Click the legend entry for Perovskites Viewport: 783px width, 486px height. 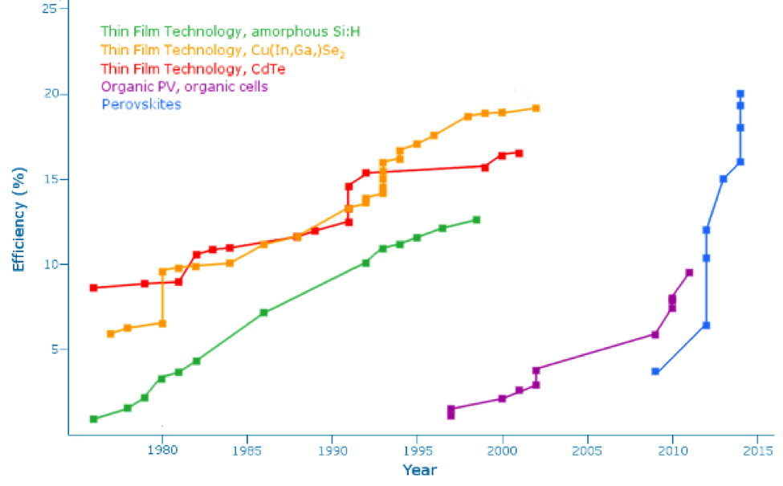(x=141, y=104)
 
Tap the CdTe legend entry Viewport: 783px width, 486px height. (x=193, y=69)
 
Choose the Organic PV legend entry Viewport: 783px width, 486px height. (x=185, y=87)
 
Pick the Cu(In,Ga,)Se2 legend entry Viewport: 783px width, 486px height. (x=202, y=51)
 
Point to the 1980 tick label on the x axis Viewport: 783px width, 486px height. (x=162, y=450)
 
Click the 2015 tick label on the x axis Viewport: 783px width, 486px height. (x=757, y=450)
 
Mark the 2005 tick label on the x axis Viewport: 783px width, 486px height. (x=587, y=450)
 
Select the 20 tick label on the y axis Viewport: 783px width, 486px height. (x=50, y=94)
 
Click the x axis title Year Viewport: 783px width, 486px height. (x=419, y=470)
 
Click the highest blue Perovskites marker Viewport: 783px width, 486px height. (x=740, y=94)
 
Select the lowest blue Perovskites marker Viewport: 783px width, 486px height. (x=655, y=371)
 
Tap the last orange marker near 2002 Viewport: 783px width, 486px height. (x=536, y=108)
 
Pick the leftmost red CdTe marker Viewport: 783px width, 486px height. (x=93, y=288)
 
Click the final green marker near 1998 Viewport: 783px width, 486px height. (x=476, y=219)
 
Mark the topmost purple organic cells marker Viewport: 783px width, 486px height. (x=689, y=272)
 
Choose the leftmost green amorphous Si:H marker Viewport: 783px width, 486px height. (x=93, y=419)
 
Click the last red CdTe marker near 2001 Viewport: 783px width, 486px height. (x=519, y=153)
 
